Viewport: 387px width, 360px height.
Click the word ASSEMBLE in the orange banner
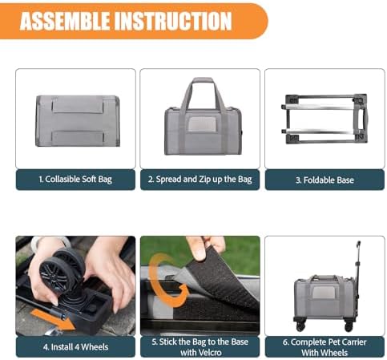coord(65,21)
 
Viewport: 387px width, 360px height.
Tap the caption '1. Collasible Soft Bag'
coord(75,180)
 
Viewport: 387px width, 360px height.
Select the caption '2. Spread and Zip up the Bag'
coord(200,180)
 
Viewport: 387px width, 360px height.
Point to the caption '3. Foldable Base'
coord(325,180)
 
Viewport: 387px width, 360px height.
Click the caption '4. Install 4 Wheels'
coord(75,347)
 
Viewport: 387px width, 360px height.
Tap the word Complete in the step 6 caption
coord(308,342)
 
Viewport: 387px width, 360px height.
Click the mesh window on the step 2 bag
coord(201,124)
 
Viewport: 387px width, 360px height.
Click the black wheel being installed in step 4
coord(62,270)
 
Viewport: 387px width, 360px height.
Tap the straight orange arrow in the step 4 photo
coord(52,319)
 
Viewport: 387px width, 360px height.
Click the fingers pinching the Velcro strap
coord(205,246)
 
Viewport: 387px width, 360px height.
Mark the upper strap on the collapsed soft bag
coord(78,105)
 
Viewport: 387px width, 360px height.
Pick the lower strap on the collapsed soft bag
coord(78,138)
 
